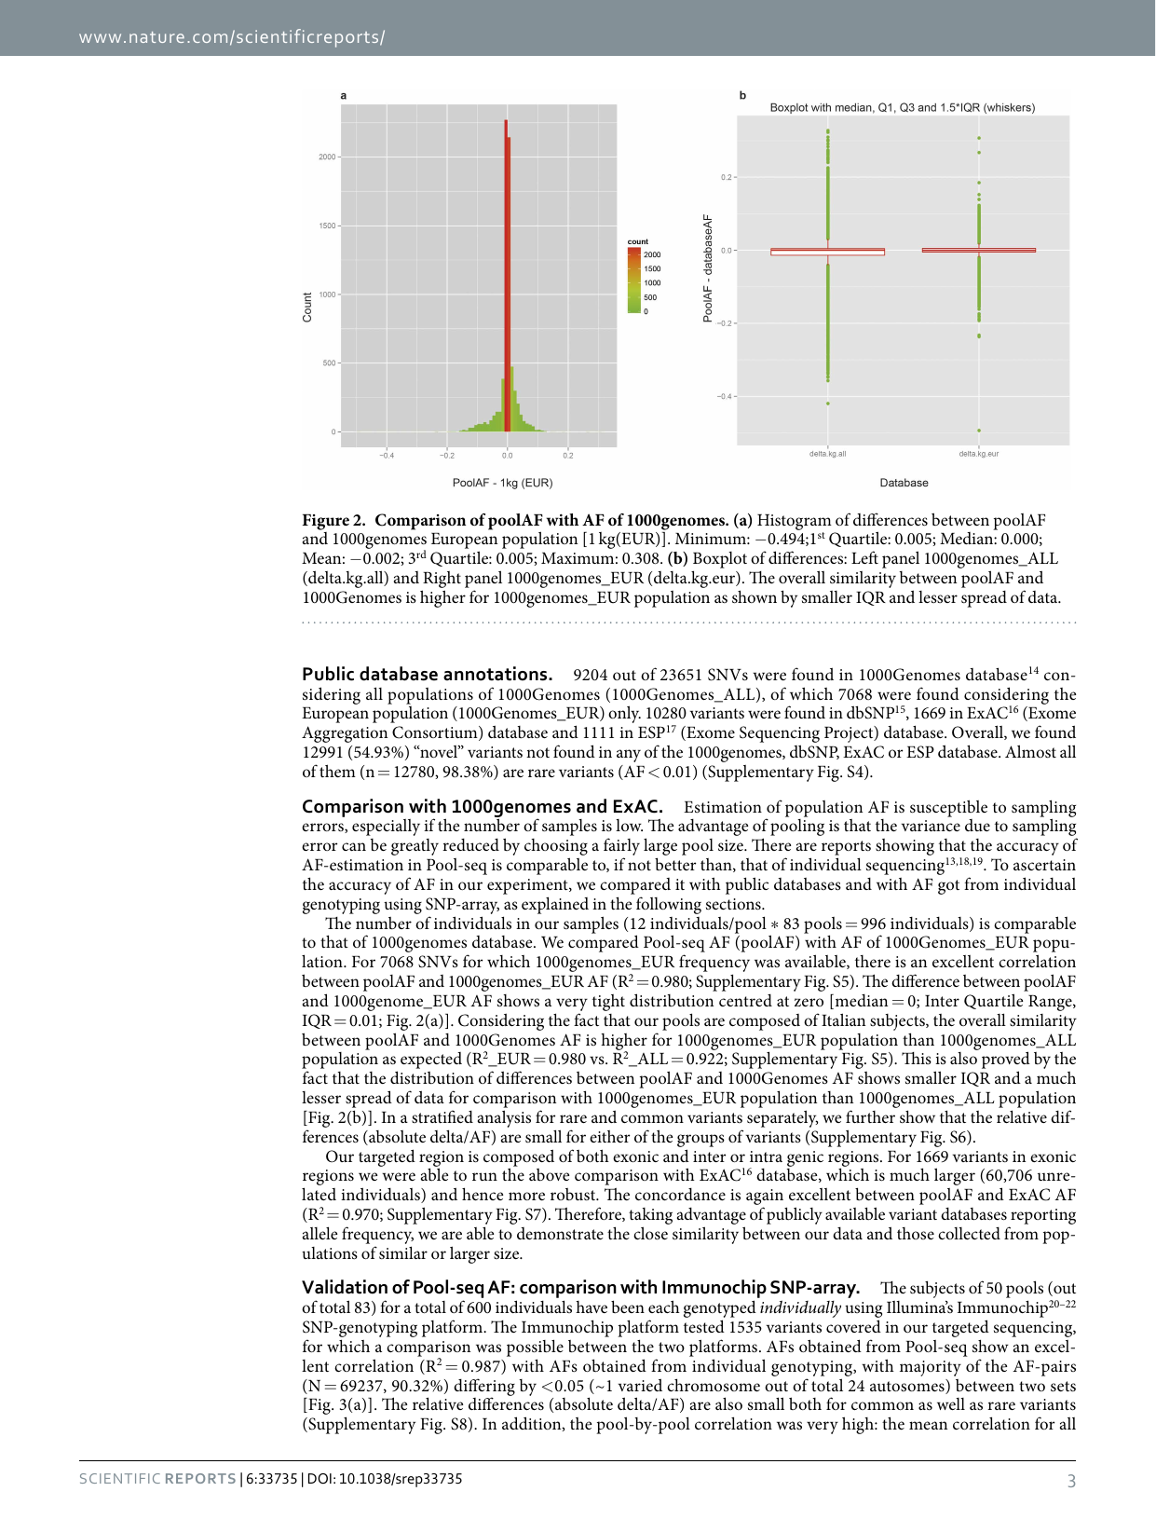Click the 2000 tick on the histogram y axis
327,157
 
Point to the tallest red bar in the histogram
506,280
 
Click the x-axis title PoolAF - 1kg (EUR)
502,483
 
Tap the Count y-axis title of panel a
307,308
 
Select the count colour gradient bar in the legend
633,280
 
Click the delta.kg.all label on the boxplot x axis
827,454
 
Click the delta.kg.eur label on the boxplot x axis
978,454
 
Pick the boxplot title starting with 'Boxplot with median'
902,107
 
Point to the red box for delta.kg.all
827,252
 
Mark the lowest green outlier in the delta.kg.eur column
979,431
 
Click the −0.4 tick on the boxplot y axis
725,396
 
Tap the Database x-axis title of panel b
904,483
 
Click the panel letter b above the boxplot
742,95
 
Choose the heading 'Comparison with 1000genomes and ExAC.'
483,806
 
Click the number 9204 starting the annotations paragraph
591,675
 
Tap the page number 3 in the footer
1071,1481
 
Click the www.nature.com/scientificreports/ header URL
232,37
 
